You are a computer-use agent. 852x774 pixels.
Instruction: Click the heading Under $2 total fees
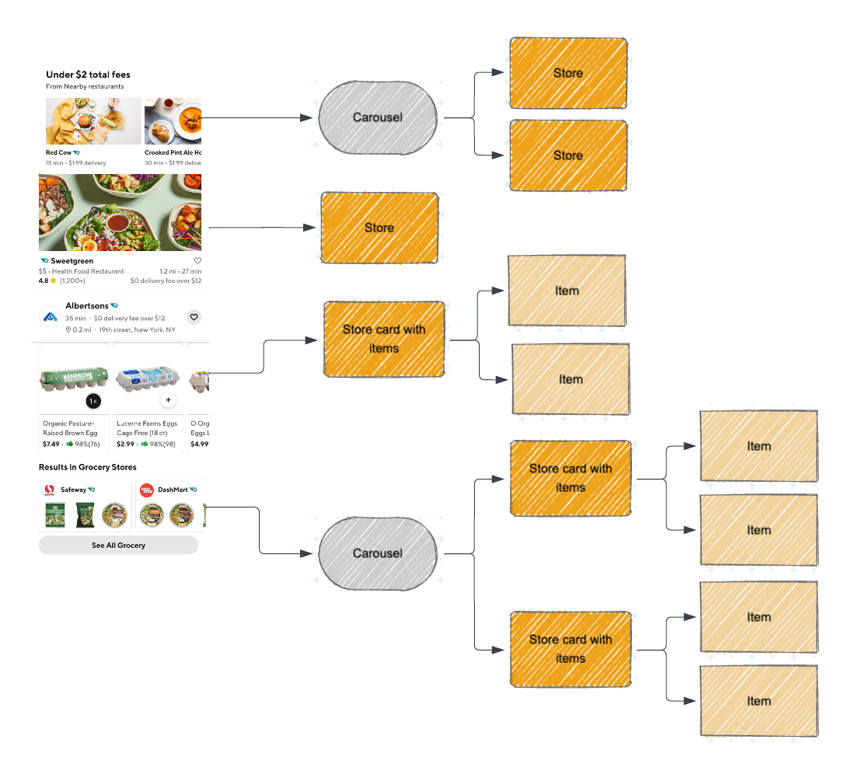tap(88, 75)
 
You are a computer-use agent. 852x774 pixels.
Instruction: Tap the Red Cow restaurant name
tap(59, 152)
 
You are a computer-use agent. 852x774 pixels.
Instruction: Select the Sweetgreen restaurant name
tap(72, 261)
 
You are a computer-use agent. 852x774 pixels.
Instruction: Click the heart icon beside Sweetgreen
tap(197, 260)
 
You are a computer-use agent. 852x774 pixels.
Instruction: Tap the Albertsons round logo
tap(51, 317)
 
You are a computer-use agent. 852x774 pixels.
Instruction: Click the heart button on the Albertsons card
tap(194, 317)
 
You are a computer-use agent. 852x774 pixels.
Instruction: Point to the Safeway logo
tap(49, 490)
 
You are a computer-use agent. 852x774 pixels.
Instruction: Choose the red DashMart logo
tap(146, 490)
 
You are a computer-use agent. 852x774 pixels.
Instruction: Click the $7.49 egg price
tap(51, 444)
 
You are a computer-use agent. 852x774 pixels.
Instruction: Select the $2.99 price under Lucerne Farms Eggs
tap(124, 444)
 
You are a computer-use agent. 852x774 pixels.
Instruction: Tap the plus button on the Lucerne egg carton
tap(168, 401)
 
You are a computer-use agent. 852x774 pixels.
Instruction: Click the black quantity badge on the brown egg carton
tap(93, 401)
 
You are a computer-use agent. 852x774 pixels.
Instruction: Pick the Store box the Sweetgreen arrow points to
tap(379, 228)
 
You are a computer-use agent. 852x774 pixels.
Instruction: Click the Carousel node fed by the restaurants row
tap(378, 117)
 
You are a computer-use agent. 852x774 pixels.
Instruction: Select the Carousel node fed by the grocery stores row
tap(378, 553)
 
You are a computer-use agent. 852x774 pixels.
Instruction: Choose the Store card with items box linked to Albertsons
tap(384, 339)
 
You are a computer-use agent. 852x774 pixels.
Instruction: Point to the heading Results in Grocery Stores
tap(87, 467)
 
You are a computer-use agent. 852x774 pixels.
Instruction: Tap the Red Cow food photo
tap(93, 121)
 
